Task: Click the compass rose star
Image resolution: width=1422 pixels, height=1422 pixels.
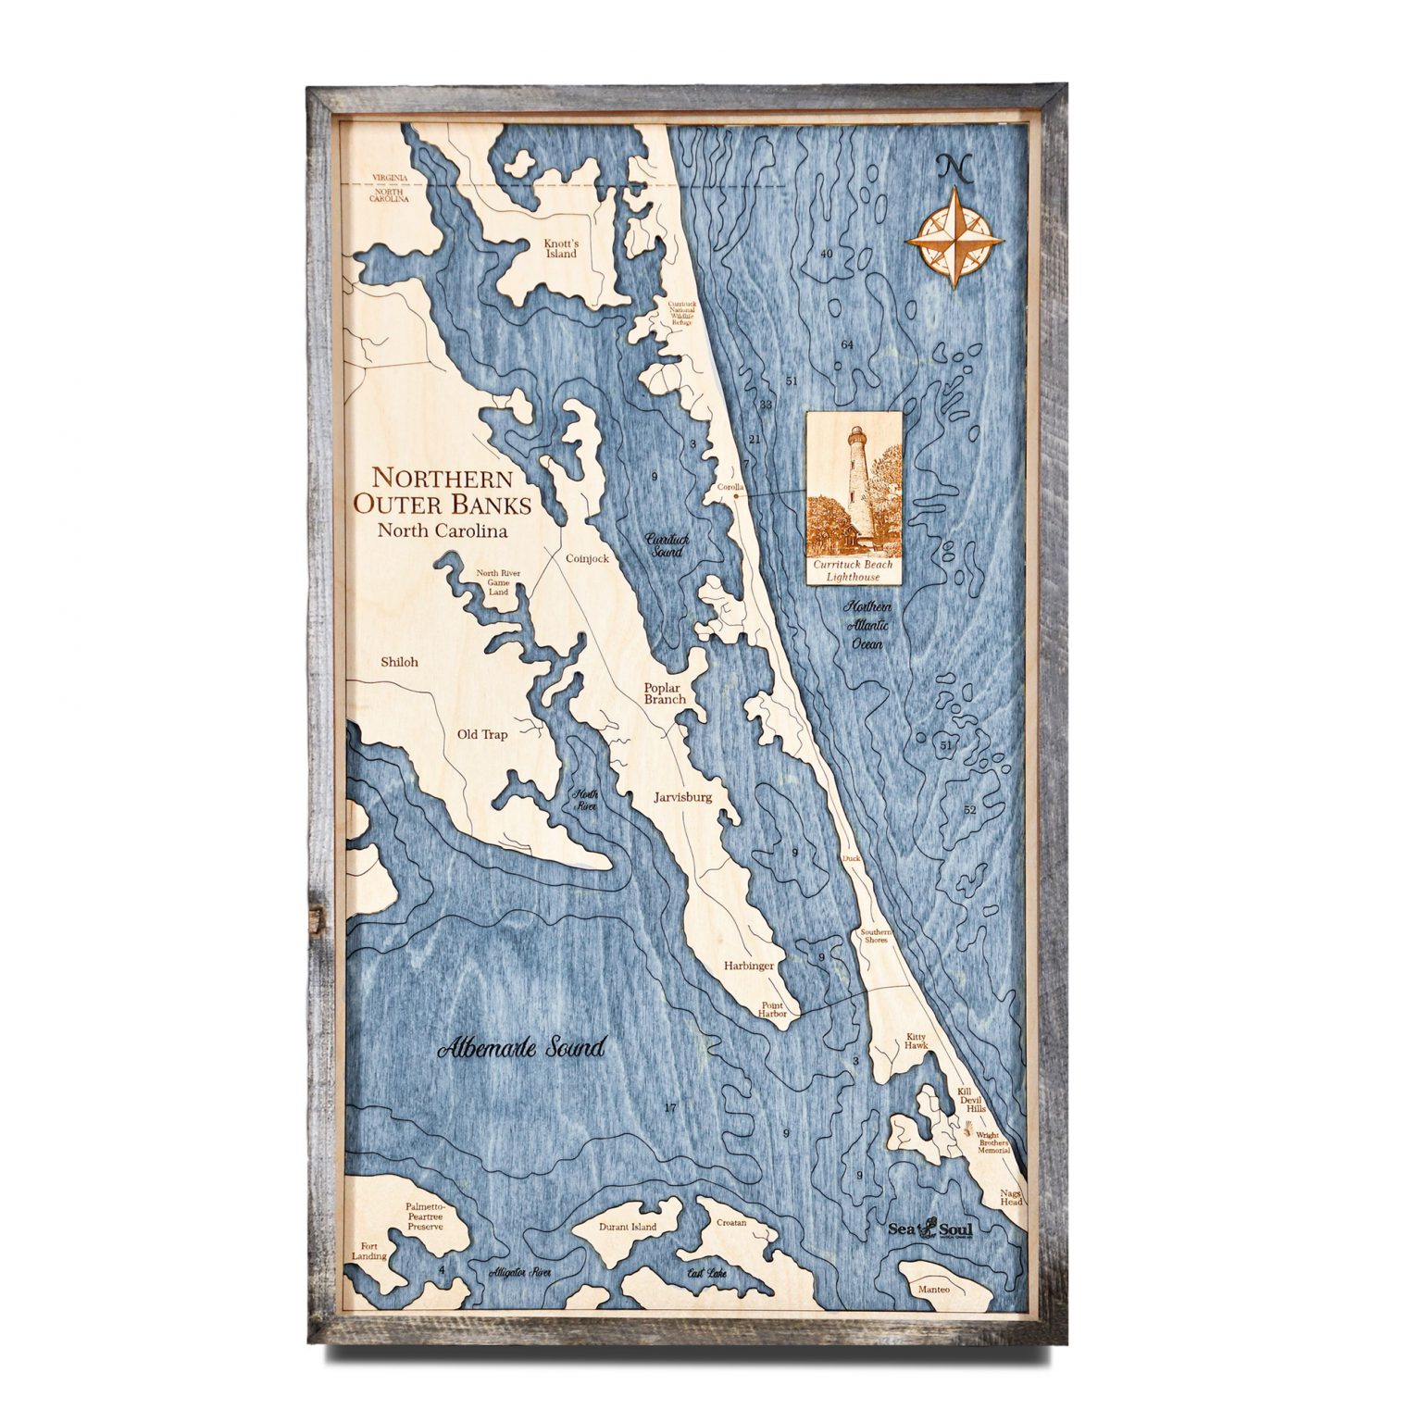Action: point(954,239)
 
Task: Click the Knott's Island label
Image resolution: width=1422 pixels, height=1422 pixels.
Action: point(560,248)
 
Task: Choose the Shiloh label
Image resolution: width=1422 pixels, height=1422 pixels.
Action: point(399,662)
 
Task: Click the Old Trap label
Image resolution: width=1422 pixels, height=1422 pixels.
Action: point(482,735)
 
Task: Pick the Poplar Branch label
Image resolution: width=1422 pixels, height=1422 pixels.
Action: point(666,693)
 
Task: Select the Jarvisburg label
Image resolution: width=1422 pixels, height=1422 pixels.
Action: point(682,796)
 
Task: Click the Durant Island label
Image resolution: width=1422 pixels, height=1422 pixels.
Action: point(628,1227)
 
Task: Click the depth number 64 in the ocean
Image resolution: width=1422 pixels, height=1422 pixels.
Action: point(846,345)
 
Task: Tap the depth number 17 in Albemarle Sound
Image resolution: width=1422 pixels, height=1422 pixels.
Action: point(671,1108)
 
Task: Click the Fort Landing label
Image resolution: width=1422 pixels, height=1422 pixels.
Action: point(369,1251)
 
